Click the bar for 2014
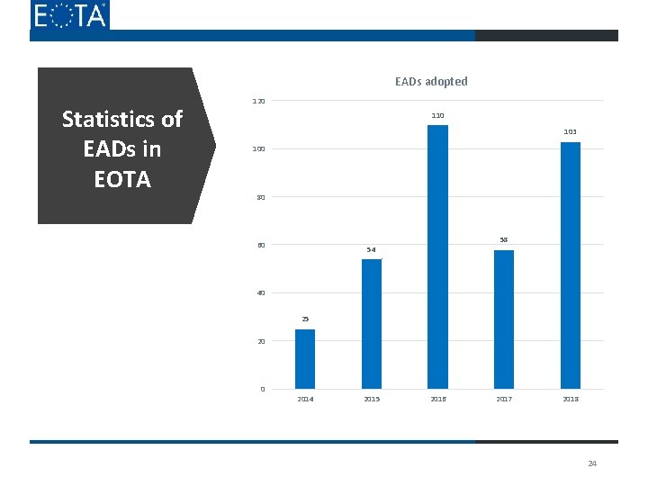coord(305,359)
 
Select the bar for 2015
coord(372,324)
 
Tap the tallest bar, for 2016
coord(437,256)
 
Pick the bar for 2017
coord(504,319)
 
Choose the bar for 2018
coord(571,265)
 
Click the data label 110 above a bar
coord(437,116)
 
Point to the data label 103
coord(571,132)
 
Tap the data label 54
coord(371,249)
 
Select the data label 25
coord(305,319)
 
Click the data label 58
coord(504,239)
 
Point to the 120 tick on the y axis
coord(258,100)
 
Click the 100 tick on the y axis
coord(258,148)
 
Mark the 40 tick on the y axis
coord(260,293)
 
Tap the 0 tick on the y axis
coord(262,390)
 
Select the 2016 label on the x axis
coord(437,399)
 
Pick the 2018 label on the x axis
coord(571,399)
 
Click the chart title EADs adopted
coord(431,82)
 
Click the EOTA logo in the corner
coord(69,15)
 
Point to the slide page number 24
coord(592,463)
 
